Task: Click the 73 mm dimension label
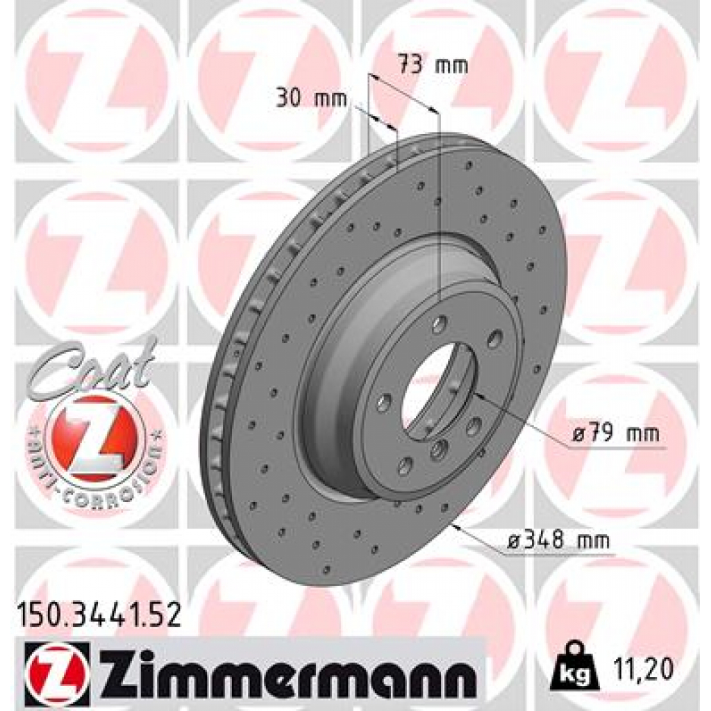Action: coord(432,66)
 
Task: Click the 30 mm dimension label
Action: coord(310,99)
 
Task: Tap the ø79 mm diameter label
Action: coord(615,435)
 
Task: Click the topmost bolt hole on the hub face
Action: coord(440,324)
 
